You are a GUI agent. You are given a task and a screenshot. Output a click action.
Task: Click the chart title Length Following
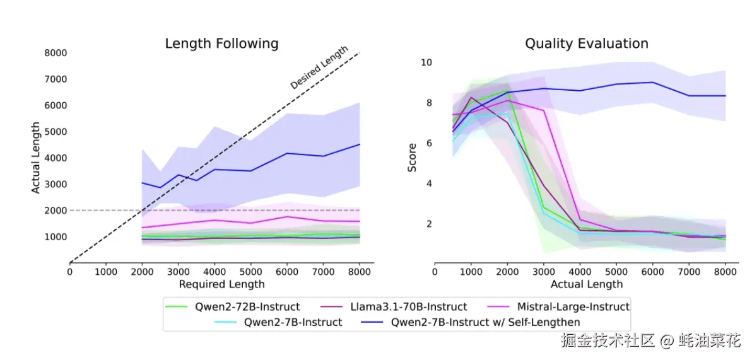[221, 44]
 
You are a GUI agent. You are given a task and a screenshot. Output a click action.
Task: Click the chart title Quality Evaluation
[587, 44]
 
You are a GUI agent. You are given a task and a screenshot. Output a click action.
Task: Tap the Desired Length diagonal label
[319, 67]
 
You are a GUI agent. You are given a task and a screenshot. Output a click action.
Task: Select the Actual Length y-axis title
[36, 158]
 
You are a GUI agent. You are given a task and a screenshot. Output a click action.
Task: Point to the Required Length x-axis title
[221, 284]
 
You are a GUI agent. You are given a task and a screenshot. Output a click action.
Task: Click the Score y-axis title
[412, 158]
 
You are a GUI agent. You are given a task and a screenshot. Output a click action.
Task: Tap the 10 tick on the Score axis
[426, 62]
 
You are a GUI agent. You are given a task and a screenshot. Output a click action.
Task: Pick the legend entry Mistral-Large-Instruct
[573, 307]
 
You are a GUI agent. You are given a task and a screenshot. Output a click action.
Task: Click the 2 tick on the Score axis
[428, 224]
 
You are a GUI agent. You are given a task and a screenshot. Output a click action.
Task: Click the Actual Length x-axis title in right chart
[587, 284]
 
